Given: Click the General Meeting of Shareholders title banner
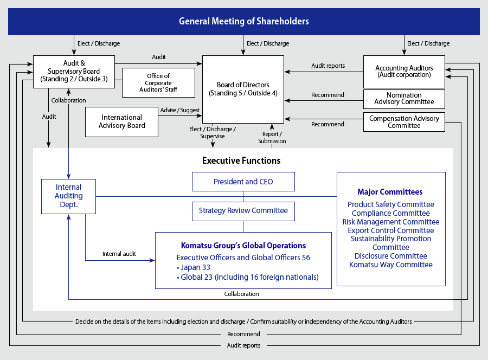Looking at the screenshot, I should (243, 22).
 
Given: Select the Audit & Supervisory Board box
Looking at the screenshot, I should (74, 71).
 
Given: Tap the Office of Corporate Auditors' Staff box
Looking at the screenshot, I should (158, 82).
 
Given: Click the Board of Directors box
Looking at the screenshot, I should (243, 89).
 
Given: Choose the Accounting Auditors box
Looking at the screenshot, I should (404, 72).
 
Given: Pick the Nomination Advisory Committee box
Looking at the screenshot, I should (404, 99).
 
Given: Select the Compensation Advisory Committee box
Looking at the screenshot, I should (404, 122).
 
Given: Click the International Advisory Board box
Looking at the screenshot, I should (121, 121).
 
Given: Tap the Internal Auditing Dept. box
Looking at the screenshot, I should (69, 196).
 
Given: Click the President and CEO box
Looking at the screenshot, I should (243, 182).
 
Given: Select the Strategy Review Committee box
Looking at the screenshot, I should (243, 210).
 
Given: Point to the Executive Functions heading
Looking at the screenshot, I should (241, 160).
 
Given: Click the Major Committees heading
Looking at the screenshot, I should (390, 192).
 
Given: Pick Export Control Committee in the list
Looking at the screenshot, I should (390, 230).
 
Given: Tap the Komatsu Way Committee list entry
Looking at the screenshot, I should (390, 265).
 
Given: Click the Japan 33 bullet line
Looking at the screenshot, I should (194, 267).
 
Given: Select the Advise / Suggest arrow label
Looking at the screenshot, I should (179, 110).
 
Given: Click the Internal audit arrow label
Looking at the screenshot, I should (119, 253).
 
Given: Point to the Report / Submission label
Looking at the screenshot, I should (272, 137).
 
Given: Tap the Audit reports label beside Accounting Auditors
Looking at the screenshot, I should (328, 66).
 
